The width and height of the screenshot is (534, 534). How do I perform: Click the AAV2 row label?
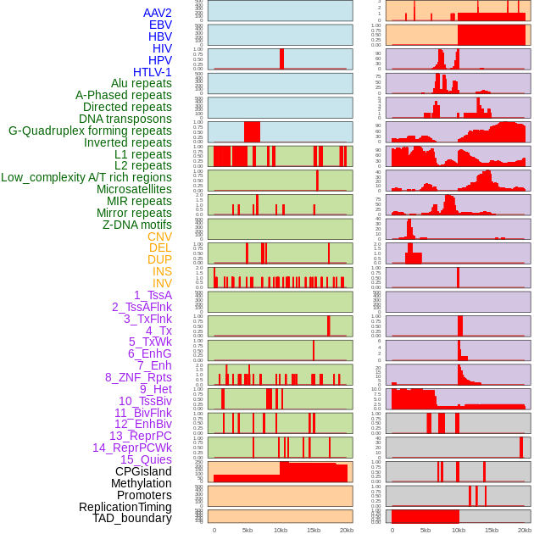(157, 13)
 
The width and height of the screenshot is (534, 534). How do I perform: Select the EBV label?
(160, 25)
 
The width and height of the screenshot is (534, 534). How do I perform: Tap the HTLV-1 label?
(152, 72)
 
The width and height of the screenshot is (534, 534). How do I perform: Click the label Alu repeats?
(141, 84)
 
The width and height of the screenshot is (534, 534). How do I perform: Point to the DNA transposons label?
(125, 119)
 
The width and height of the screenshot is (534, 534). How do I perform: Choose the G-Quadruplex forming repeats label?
(90, 131)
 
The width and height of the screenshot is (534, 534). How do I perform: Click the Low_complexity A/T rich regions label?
(86, 177)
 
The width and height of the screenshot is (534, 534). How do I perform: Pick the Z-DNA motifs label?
(136, 225)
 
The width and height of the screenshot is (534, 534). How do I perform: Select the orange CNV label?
(159, 236)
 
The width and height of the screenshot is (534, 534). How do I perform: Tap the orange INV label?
(162, 283)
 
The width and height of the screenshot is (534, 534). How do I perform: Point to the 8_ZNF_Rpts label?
(138, 377)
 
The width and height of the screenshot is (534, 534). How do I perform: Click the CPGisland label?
(143, 471)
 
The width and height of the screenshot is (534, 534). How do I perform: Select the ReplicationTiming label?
(125, 507)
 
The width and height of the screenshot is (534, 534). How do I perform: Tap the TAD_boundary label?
(131, 518)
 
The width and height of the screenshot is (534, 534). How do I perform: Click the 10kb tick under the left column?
(280, 530)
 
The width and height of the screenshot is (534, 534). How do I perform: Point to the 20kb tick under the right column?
(525, 530)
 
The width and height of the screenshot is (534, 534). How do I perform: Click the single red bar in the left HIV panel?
(281, 58)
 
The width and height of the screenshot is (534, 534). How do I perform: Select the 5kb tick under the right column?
(426, 530)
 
